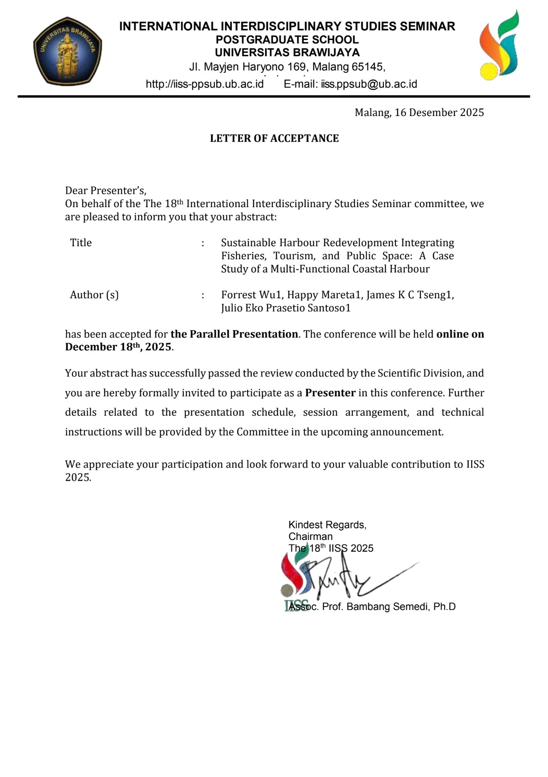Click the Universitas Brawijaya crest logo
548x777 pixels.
click(x=67, y=51)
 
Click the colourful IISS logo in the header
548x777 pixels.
click(x=499, y=45)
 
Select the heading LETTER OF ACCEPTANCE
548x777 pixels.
click(x=274, y=139)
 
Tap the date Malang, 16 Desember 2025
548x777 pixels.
click(x=419, y=113)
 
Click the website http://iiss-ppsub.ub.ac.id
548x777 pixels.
click(x=205, y=84)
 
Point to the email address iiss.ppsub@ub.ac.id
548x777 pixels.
click(x=369, y=84)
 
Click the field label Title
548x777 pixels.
click(x=81, y=243)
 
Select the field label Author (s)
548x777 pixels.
click(x=94, y=295)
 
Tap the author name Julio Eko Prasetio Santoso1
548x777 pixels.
click(x=286, y=308)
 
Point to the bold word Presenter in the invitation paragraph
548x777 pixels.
click(x=330, y=393)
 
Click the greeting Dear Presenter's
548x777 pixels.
click(x=106, y=191)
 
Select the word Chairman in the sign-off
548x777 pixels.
click(x=310, y=537)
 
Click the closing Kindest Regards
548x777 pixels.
click(x=327, y=525)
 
